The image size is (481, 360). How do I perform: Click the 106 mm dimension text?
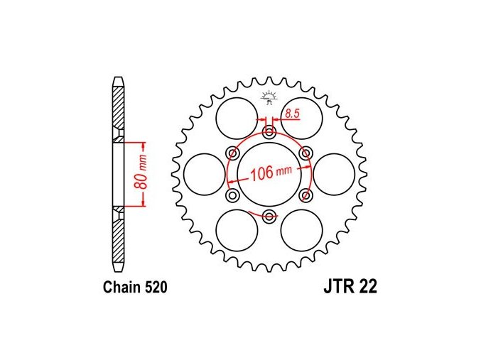pyautogui.click(x=271, y=173)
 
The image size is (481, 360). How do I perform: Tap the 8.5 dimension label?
pyautogui.click(x=292, y=114)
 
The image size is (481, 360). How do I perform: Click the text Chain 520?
pyautogui.click(x=135, y=288)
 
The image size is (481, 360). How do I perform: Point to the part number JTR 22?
pyautogui.click(x=350, y=287)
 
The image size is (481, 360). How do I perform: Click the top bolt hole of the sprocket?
pyautogui.click(x=269, y=133)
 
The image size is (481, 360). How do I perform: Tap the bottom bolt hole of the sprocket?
pyautogui.click(x=269, y=216)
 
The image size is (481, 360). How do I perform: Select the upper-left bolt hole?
pyautogui.click(x=233, y=153)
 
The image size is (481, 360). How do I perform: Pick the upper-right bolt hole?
pyautogui.click(x=306, y=153)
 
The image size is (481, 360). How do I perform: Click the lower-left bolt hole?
pyautogui.click(x=232, y=195)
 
